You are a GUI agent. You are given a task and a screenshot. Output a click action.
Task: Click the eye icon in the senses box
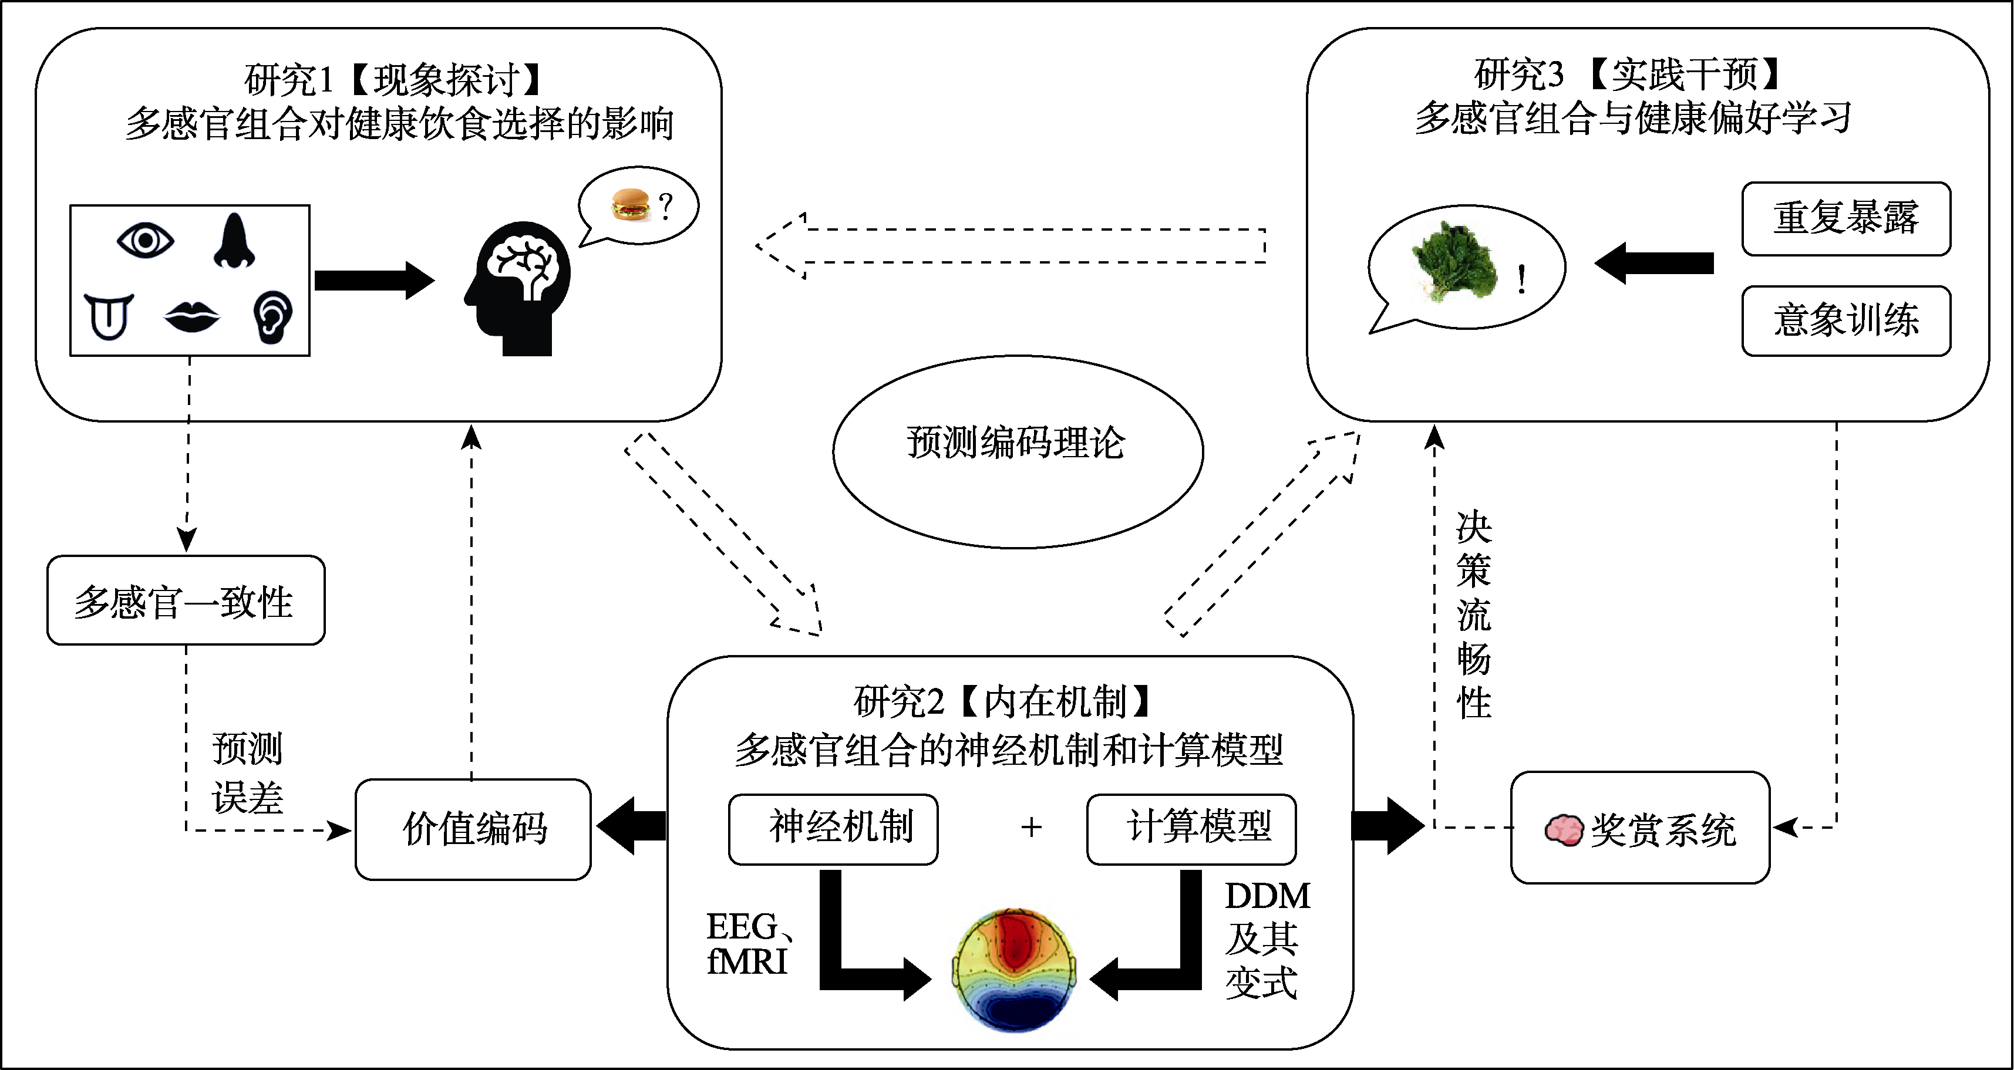tap(146, 240)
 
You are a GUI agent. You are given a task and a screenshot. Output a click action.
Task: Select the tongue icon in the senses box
tap(109, 316)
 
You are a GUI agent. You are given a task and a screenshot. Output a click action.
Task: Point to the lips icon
tap(191, 316)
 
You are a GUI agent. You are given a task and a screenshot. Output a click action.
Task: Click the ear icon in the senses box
tap(273, 318)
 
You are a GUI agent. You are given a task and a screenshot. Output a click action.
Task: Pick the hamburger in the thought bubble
tap(630, 205)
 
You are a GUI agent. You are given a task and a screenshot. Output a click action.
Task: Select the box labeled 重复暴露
tap(1846, 218)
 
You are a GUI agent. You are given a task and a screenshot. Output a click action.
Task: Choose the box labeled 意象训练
tap(1846, 320)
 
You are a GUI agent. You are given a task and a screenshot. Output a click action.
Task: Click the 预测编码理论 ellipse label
tap(1016, 443)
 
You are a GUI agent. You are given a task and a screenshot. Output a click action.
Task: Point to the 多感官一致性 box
tap(186, 601)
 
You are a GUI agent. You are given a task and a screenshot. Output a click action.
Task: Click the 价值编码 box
tap(473, 829)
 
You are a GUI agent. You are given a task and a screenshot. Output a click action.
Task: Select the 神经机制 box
tap(833, 828)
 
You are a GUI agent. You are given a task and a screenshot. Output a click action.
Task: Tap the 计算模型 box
tap(1191, 828)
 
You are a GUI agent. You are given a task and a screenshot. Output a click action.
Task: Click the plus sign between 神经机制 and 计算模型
tap(1031, 827)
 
